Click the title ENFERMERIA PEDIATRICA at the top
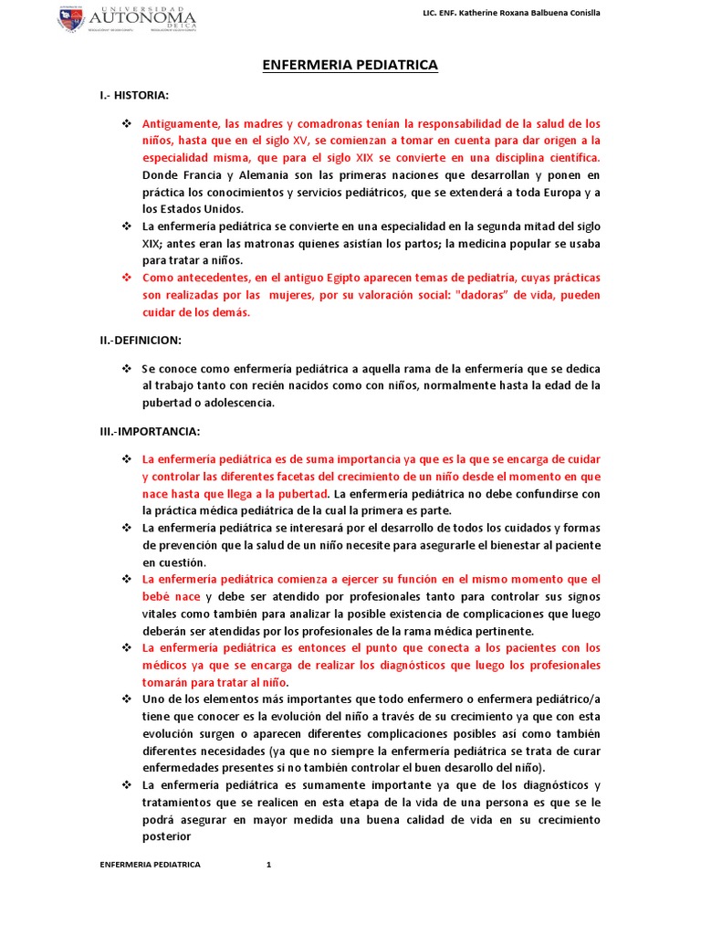[350, 66]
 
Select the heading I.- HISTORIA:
[134, 95]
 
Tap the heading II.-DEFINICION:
[141, 341]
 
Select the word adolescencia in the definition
[234, 403]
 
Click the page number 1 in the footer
[269, 864]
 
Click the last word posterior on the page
[166, 836]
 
